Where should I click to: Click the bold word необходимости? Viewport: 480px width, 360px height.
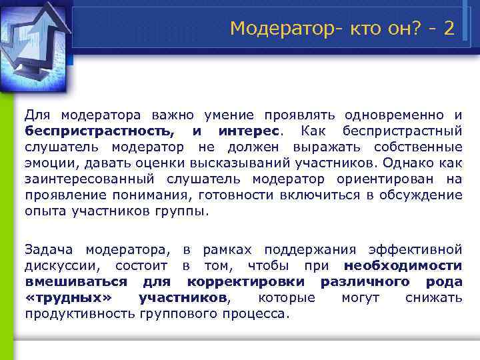[403, 266]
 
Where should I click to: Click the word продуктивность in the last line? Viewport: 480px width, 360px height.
[81, 314]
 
